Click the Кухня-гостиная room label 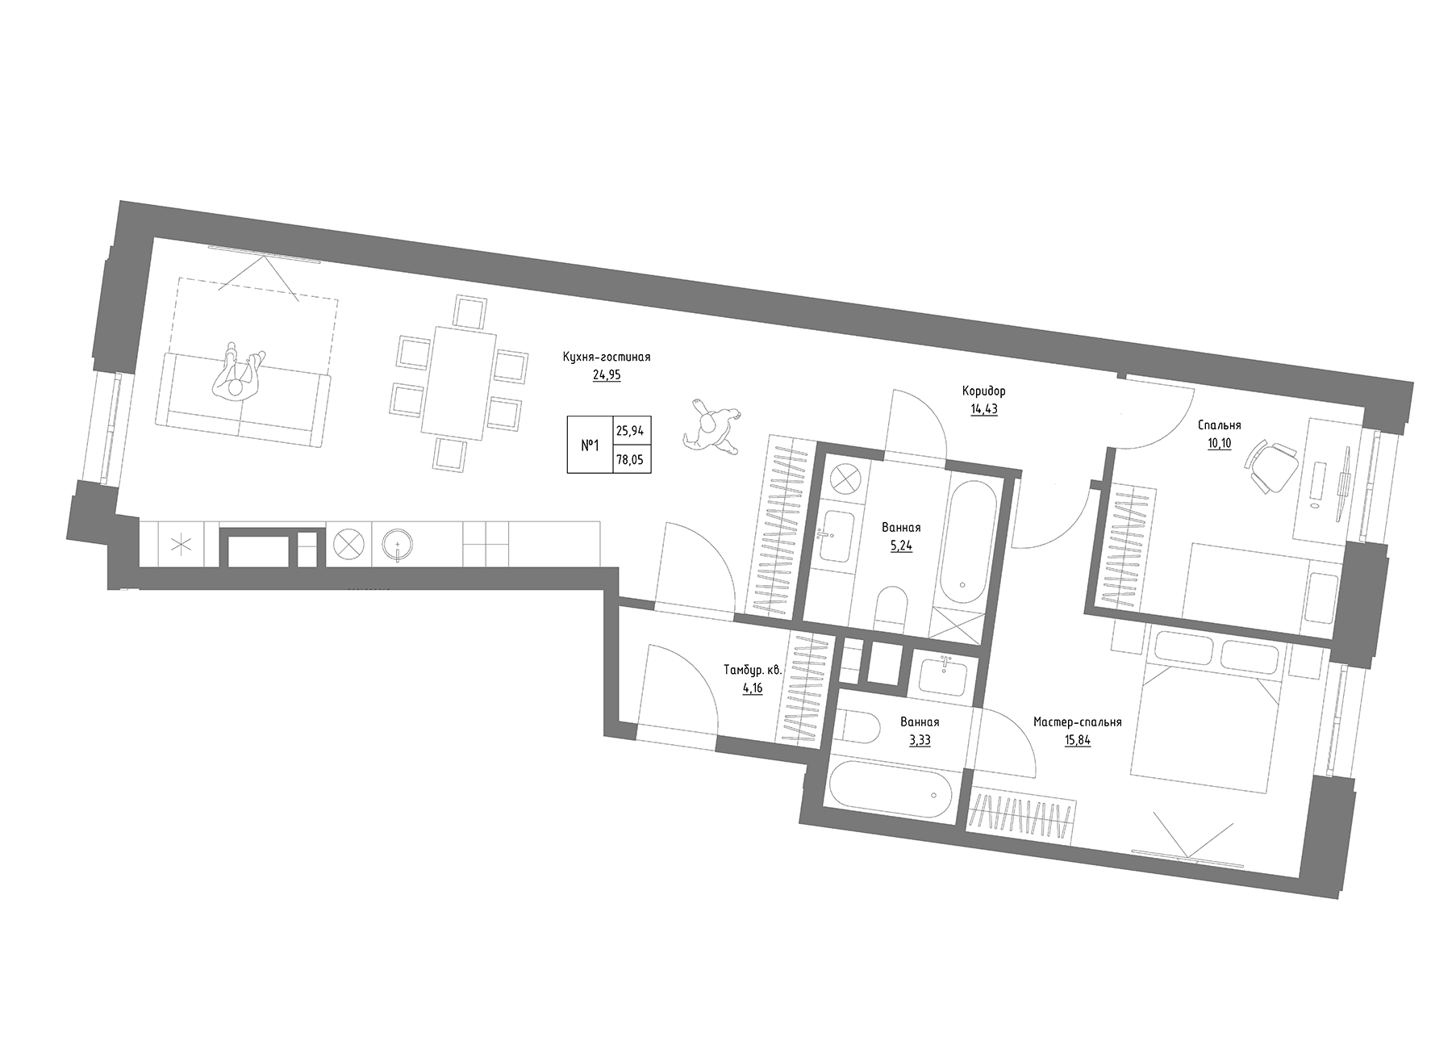(607, 357)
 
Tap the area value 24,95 (607, 375)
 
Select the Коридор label (983, 391)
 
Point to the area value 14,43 (983, 409)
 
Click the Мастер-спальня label (1077, 722)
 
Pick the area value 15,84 (1077, 741)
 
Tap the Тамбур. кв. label (742, 670)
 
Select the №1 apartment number (590, 445)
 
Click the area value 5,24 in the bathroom (900, 546)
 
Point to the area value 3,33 (920, 741)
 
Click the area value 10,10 (1219, 444)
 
